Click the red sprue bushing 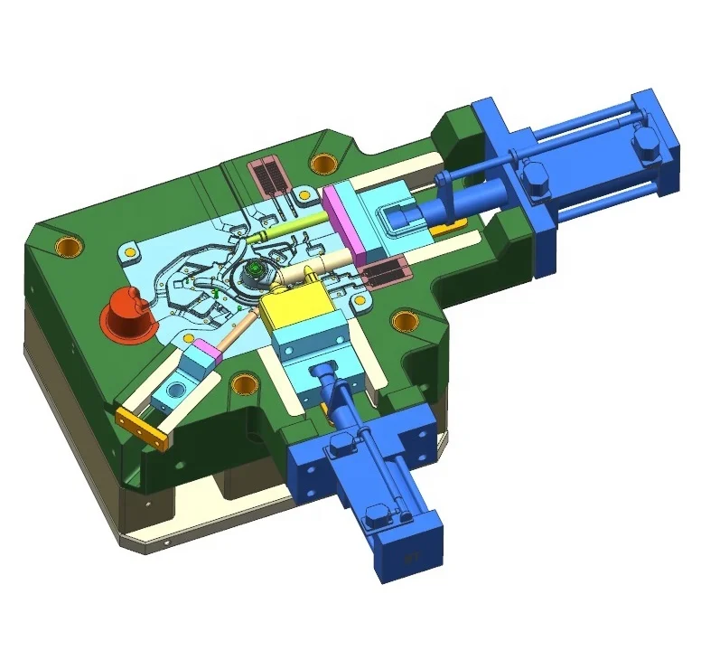tap(123, 314)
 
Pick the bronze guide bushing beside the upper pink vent tap(319, 163)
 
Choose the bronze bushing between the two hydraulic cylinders tap(404, 319)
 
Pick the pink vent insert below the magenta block tap(385, 269)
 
